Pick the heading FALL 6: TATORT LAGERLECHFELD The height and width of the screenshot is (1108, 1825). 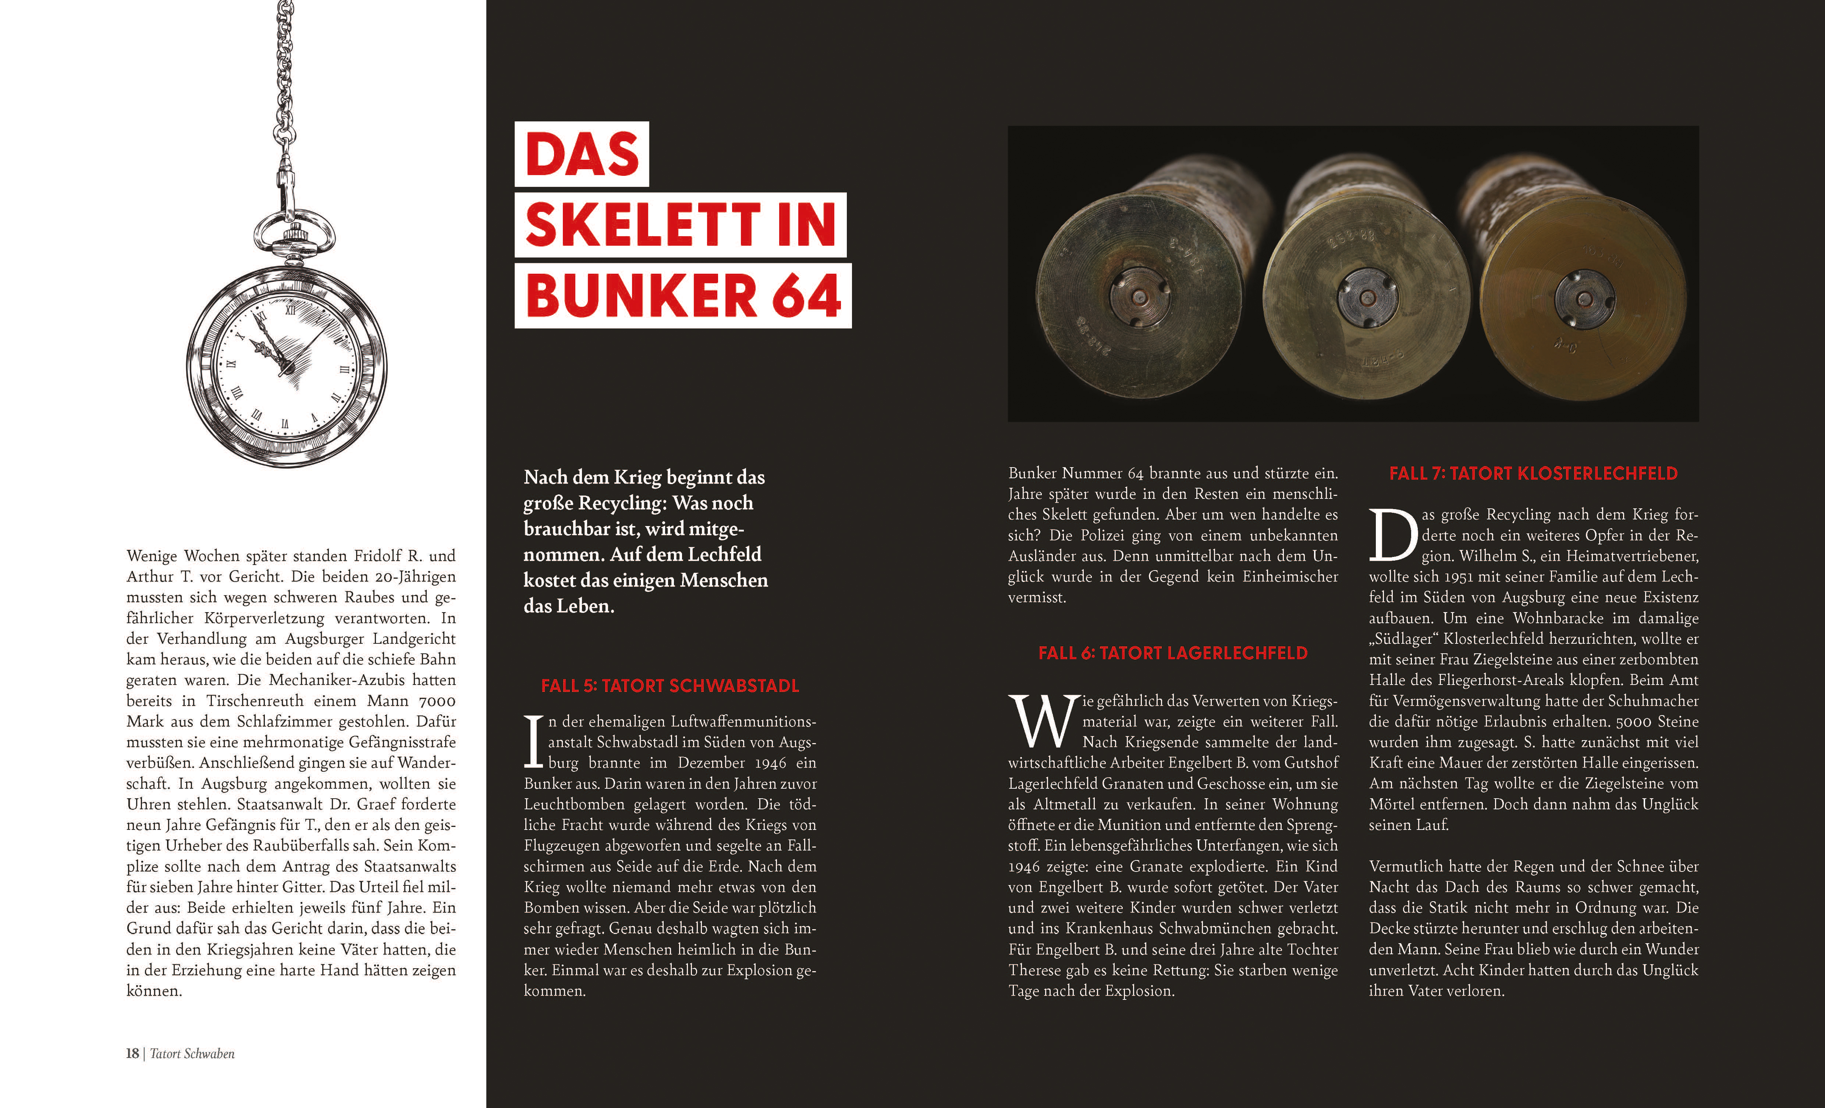(x=1172, y=653)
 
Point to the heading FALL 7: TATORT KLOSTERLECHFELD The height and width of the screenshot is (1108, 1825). (x=1533, y=473)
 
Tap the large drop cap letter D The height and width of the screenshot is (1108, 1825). (x=1392, y=535)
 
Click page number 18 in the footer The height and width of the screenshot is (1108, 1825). (x=132, y=1053)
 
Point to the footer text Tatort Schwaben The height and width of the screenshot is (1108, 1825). (x=192, y=1053)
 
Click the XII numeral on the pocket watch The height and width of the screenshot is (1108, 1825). (x=290, y=310)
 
